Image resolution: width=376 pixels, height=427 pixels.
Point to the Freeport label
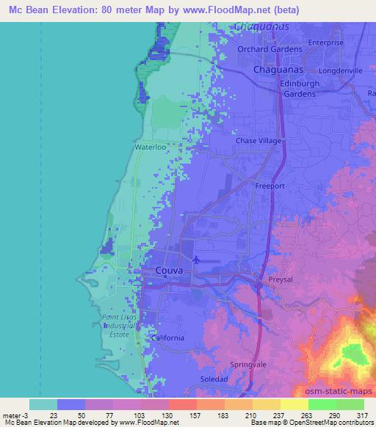point(270,186)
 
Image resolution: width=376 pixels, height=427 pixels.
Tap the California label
point(168,338)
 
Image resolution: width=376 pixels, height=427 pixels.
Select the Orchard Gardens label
point(270,49)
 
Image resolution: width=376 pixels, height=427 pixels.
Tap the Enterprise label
point(326,43)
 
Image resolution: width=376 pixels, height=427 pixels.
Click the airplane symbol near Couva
point(196,259)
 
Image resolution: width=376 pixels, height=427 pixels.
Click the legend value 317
point(361,415)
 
